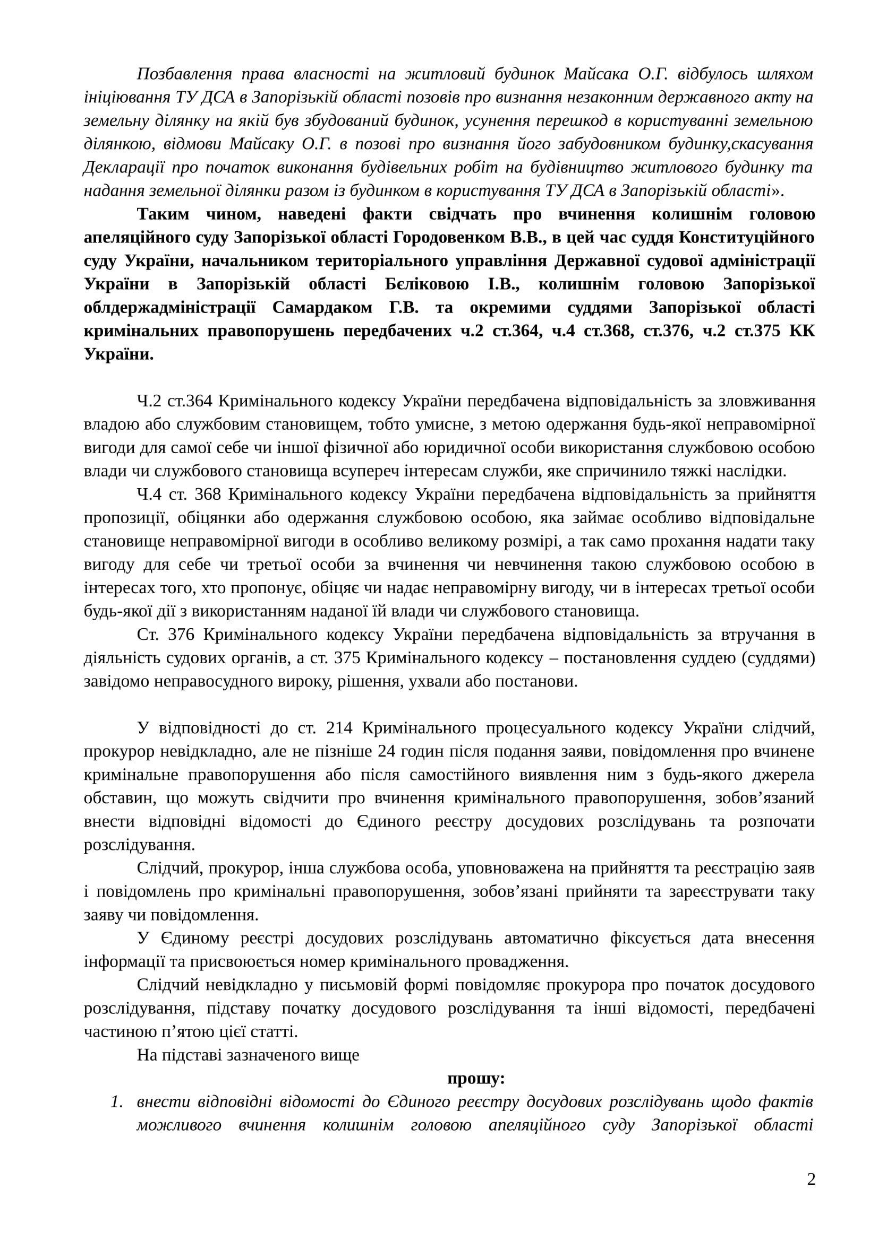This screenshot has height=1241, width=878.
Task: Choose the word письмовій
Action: click(x=353, y=985)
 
